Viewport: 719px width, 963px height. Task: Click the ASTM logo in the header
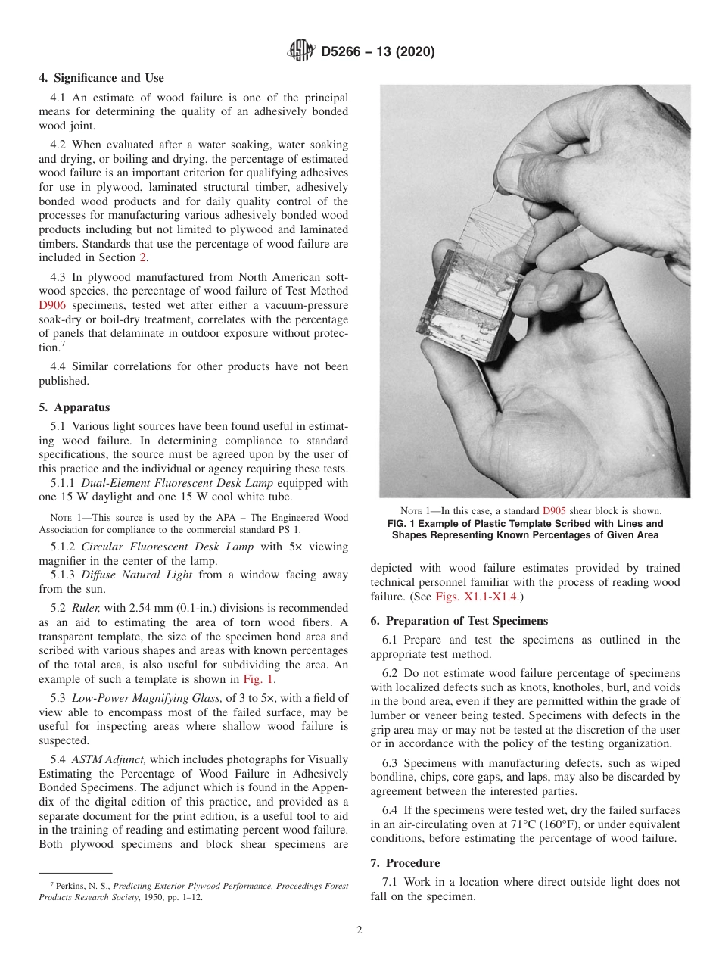(300, 52)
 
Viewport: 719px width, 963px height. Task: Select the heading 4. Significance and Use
(101, 78)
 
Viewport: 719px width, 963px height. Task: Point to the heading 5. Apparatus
(74, 407)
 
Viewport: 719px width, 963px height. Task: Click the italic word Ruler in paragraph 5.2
(87, 608)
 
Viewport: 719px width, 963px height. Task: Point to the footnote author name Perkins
(70, 886)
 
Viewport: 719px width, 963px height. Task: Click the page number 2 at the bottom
(359, 930)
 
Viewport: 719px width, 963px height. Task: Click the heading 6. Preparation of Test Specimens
(459, 621)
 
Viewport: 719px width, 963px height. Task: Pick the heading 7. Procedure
(405, 863)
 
